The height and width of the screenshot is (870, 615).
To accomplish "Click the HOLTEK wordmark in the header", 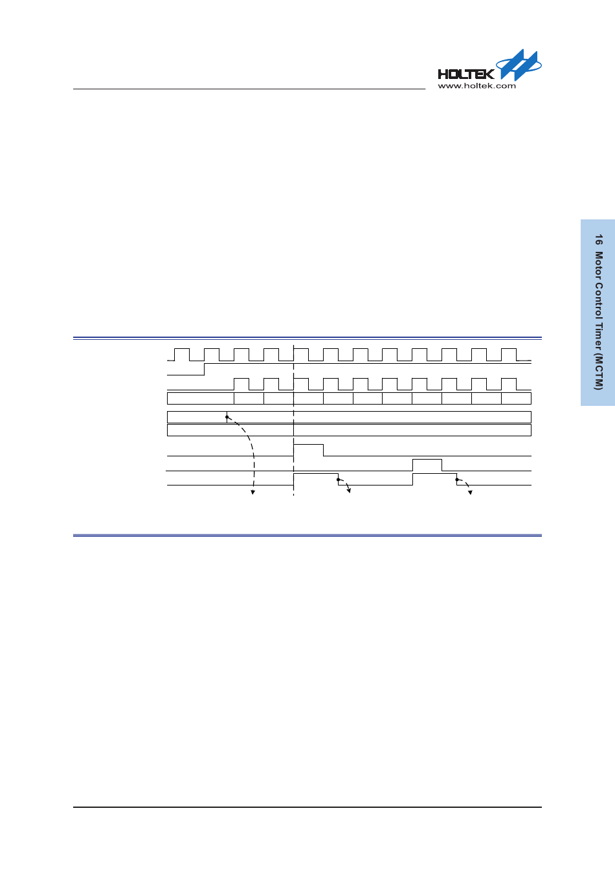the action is (x=465, y=74).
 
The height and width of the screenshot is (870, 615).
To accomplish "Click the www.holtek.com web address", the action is (x=476, y=85).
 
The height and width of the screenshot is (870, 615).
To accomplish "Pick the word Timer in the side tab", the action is (x=599, y=338).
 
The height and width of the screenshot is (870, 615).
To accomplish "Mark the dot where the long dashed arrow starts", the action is (x=227, y=417).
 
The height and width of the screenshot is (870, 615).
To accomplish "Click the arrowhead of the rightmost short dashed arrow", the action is (x=471, y=493).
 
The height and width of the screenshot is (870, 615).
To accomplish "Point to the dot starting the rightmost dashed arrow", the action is (x=457, y=480).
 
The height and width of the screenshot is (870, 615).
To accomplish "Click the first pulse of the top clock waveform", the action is (x=182, y=353).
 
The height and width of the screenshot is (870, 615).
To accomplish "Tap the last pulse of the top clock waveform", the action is (x=509, y=353).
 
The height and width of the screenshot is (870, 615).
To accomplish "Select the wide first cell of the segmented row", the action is (x=200, y=398).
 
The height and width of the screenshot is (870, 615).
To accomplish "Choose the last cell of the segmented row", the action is (x=516, y=398).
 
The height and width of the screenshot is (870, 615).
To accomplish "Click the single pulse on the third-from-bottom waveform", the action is (x=309, y=450).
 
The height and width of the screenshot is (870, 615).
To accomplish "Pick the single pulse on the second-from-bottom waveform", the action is (x=427, y=464).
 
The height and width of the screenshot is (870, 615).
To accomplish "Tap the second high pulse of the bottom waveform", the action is (x=434, y=478).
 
